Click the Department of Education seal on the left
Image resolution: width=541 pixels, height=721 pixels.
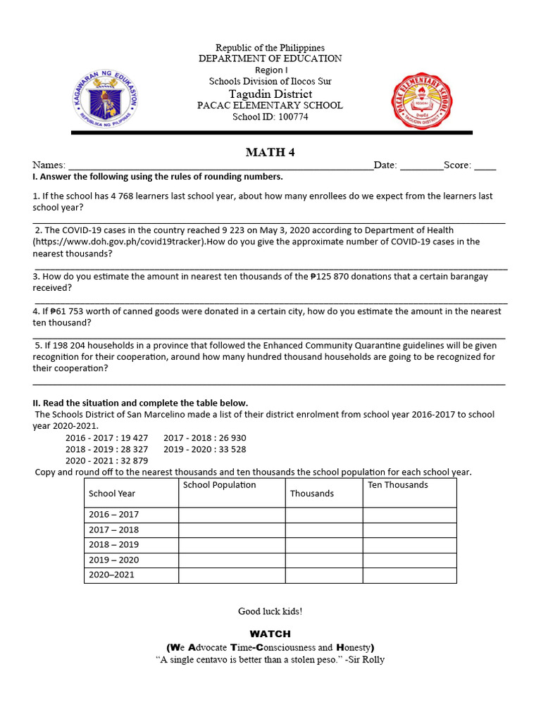106,99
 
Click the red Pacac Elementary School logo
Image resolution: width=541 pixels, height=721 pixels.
428,99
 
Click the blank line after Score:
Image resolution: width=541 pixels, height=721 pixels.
485,165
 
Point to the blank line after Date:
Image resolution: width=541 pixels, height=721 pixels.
421,165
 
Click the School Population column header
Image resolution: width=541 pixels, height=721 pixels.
219,485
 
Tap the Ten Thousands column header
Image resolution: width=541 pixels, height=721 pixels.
397,485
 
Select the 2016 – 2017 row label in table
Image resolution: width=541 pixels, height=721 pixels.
113,515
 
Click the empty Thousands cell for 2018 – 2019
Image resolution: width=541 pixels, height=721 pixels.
323,545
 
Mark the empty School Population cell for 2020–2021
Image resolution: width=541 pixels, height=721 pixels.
231,575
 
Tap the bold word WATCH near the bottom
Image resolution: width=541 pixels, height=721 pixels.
270,634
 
